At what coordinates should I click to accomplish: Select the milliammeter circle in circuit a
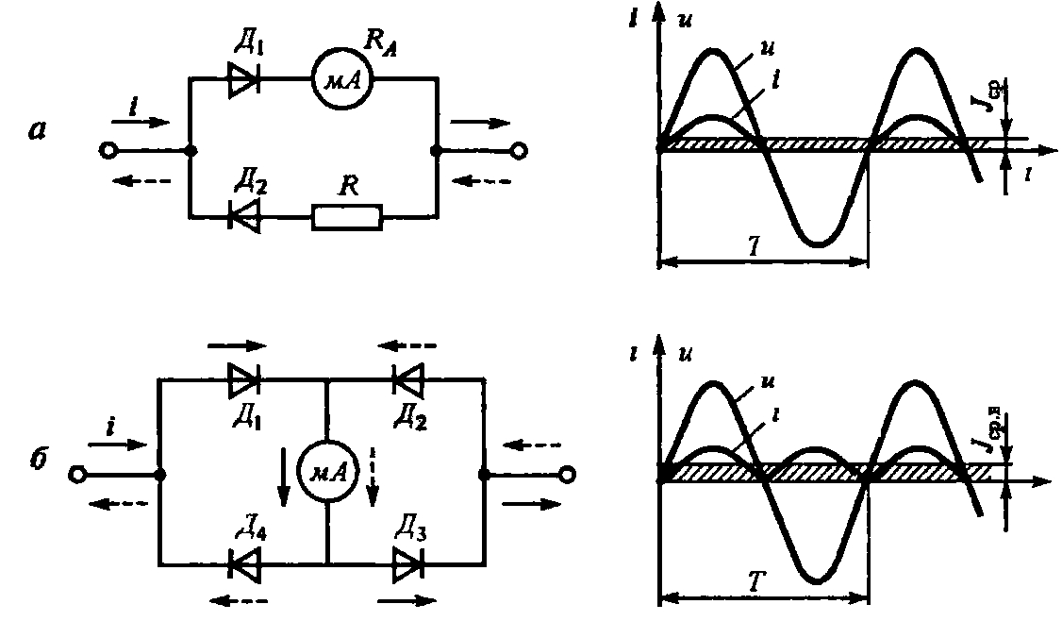(x=342, y=82)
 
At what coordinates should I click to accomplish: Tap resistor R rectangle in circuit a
(x=347, y=217)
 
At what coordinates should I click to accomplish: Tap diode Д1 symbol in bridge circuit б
(x=244, y=379)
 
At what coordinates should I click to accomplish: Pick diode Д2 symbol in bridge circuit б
(x=407, y=379)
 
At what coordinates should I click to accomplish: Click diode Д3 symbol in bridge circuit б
(x=407, y=564)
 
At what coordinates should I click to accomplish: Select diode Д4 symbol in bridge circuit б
(x=244, y=564)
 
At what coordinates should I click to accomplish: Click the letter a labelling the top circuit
(x=37, y=132)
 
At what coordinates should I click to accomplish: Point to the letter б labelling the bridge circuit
(x=37, y=468)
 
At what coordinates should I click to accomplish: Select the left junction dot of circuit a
(x=191, y=151)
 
